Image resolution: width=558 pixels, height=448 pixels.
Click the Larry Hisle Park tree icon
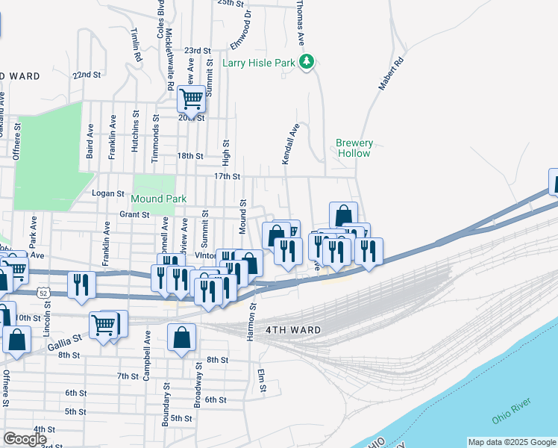[x=306, y=63]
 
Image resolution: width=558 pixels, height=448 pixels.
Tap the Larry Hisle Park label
[x=259, y=63]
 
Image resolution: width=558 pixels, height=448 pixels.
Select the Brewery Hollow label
[x=353, y=148]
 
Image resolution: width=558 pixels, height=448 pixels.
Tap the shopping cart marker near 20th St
[x=191, y=98]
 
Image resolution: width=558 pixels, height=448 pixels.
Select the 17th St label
[x=227, y=177]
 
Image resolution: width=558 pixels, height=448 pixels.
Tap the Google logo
[x=25, y=439]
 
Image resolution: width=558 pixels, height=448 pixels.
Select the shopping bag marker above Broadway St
[x=181, y=338]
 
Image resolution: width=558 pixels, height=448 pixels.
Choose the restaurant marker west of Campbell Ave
[x=81, y=285]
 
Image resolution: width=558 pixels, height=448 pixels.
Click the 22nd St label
[x=87, y=75]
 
